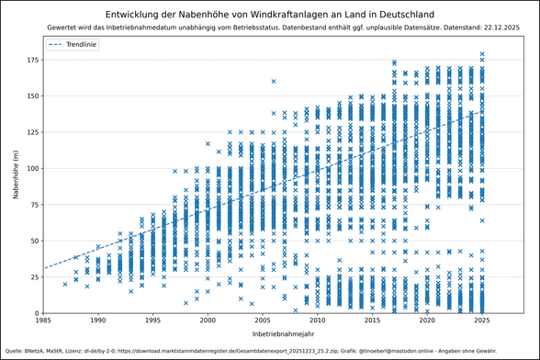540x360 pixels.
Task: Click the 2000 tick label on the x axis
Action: (x=208, y=321)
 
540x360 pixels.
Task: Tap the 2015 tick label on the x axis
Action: (x=372, y=321)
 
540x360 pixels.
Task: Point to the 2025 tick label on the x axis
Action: (x=481, y=321)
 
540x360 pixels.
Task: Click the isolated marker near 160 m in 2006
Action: (x=274, y=82)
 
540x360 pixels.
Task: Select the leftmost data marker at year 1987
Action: (x=65, y=284)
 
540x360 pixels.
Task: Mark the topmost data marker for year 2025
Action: (x=482, y=54)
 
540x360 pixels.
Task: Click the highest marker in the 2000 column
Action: (x=208, y=144)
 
